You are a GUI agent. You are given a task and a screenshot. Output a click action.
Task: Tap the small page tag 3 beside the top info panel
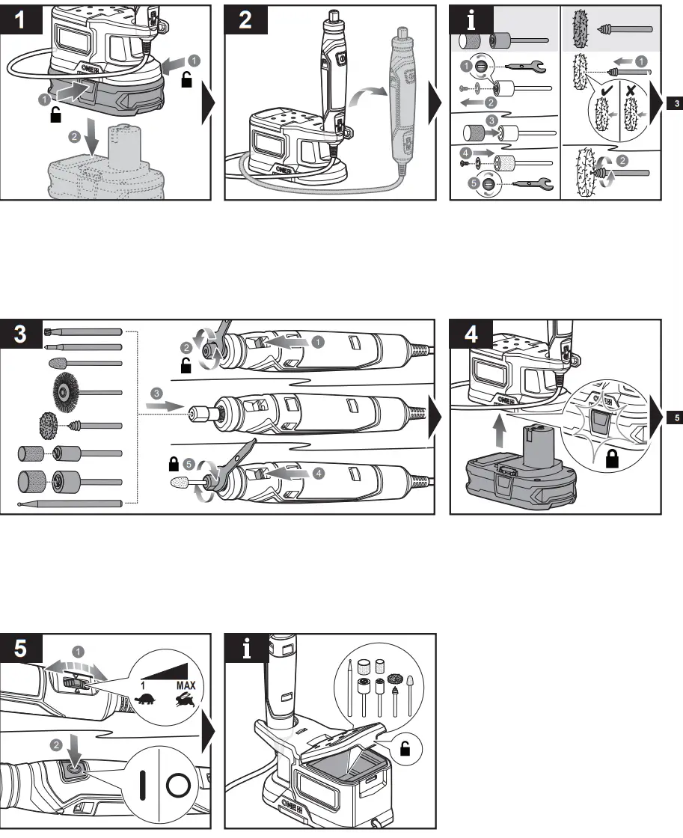pos(676,103)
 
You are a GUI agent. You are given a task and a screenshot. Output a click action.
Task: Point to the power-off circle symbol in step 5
pos(180,786)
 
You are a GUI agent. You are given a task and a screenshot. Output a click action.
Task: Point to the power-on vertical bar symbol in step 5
pos(142,786)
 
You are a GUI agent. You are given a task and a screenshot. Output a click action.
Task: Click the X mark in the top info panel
pos(630,88)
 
